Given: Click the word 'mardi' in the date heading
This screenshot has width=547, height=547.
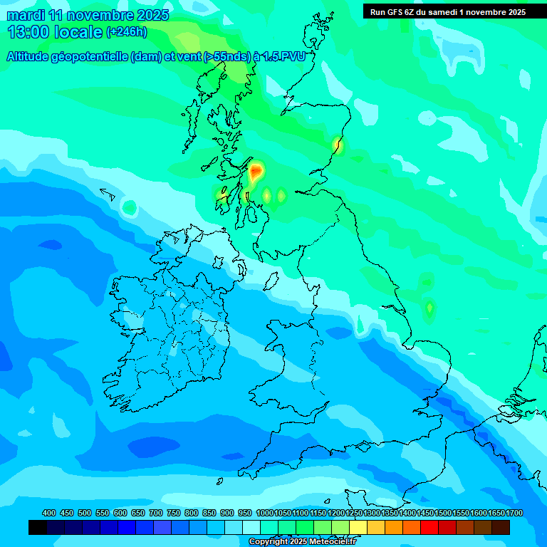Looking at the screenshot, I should coord(25,15).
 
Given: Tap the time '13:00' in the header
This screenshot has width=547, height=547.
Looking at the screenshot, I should coord(29,32).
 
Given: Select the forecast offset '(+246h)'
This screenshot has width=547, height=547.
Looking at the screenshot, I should coord(127,32).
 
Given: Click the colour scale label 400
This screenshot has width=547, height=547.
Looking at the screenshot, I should coord(49,513).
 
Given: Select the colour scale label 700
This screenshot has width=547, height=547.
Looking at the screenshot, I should coord(156,513).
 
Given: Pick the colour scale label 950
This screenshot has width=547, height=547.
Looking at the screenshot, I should coord(245,513).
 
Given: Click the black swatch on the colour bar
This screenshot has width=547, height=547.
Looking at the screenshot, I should coord(38,527).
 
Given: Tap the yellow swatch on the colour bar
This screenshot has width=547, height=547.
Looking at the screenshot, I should coord(358,527).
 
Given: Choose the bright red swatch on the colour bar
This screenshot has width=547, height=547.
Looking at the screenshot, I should coord(429,527).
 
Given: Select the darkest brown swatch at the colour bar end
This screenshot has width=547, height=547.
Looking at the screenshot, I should coord(501,527).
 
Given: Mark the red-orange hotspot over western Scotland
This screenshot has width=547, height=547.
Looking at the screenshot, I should coord(255,172).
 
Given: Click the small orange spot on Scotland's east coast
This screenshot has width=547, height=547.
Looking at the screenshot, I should coord(338,145).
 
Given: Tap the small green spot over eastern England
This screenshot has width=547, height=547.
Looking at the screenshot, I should coord(429,308).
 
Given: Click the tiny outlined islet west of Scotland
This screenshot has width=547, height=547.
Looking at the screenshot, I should coord(108,192).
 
